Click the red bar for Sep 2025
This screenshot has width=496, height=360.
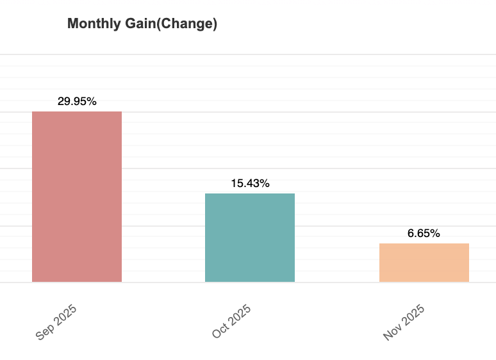(77, 197)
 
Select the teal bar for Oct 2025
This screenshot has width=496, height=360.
(250, 238)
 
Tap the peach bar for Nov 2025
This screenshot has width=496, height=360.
(424, 263)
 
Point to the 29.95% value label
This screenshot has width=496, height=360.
(77, 101)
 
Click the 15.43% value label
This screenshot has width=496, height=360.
(250, 183)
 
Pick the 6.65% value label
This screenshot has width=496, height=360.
(424, 233)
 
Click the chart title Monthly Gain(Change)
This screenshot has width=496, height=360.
(142, 24)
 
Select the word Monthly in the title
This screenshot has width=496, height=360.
(92, 24)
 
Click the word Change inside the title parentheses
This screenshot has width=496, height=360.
(187, 24)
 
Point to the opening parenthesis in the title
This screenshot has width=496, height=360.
(159, 24)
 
